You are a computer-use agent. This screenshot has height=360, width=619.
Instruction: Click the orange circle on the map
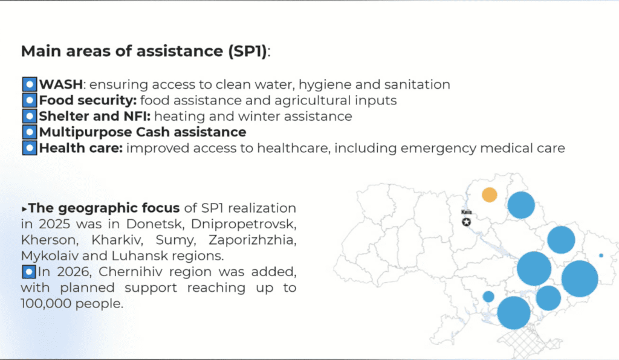(490, 194)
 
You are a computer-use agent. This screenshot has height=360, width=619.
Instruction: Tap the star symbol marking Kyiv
(466, 222)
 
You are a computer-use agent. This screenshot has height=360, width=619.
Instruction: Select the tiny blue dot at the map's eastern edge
(601, 256)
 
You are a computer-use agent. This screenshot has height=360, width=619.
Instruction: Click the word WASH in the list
(61, 85)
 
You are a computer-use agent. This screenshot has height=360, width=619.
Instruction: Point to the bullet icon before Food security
(29, 100)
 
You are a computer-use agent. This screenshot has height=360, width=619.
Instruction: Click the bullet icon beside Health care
(29, 148)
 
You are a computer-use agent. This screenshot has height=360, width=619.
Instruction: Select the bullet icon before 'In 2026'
(29, 272)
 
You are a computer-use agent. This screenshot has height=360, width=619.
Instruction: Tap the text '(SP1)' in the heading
(247, 51)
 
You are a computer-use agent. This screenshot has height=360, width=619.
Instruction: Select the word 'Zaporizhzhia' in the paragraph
(252, 240)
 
